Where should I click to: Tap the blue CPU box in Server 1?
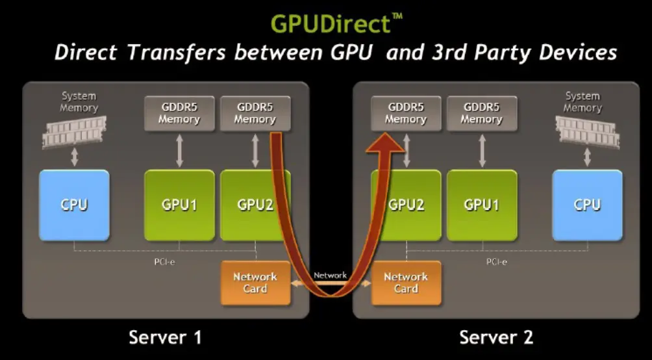[74, 205]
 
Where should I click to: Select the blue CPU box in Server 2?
[586, 205]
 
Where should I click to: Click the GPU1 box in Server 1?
[179, 205]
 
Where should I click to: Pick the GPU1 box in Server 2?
[481, 205]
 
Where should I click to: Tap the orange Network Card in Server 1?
[255, 283]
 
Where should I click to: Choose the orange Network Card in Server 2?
[406, 283]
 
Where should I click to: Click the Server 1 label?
[165, 337]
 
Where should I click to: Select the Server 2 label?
[496, 337]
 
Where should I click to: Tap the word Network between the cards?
[330, 275]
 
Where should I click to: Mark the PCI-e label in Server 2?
[497, 262]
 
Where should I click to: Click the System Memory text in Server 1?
[79, 101]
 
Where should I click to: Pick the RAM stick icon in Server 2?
[588, 131]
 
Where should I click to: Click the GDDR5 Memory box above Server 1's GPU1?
[179, 113]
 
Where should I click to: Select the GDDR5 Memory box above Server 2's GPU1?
[481, 113]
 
